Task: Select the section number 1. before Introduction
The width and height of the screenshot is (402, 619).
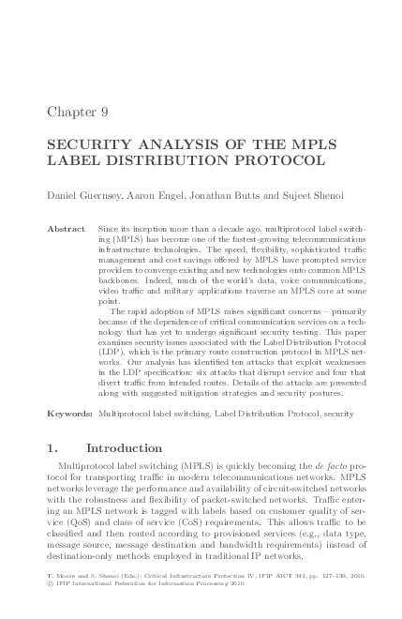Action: point(53,448)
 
